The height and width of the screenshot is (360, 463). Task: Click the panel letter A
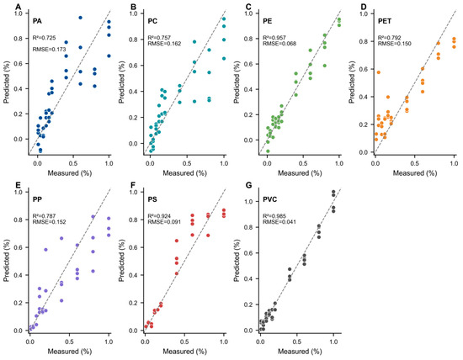click(x=19, y=6)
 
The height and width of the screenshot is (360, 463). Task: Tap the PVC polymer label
click(x=270, y=199)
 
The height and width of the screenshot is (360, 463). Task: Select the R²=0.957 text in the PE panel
click(x=274, y=38)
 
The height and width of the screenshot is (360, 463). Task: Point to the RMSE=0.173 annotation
click(x=49, y=50)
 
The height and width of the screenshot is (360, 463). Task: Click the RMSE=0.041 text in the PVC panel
click(x=279, y=222)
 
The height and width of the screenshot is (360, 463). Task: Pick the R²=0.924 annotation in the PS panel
click(x=159, y=216)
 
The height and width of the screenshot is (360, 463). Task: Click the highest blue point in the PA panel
click(x=80, y=18)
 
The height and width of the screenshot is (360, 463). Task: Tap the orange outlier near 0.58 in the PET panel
click(x=379, y=72)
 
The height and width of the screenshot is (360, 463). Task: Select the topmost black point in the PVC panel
click(x=333, y=192)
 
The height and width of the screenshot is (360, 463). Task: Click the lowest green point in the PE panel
click(x=268, y=151)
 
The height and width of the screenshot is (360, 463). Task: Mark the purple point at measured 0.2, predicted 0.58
click(x=45, y=250)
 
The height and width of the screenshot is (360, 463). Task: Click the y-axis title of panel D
click(x=351, y=82)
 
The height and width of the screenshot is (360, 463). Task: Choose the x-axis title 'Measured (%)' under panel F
click(x=185, y=352)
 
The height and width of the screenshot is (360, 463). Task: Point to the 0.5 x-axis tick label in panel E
click(x=69, y=341)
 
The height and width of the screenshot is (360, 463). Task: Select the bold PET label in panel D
click(x=385, y=21)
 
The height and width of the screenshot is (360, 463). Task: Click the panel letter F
click(x=133, y=185)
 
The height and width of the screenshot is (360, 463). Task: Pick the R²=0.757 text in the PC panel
click(x=159, y=38)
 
